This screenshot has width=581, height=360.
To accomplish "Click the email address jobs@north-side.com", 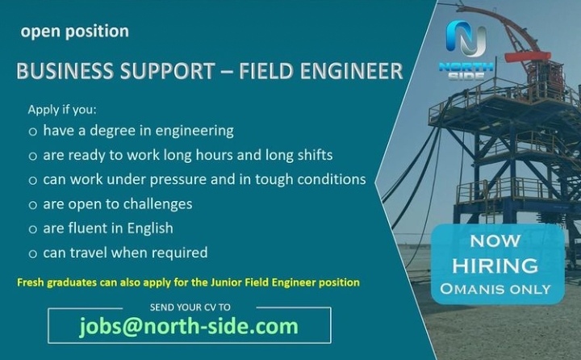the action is coord(189,326).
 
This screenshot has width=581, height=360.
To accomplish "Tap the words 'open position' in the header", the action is coord(75,32).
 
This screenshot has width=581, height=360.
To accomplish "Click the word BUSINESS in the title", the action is coord(65,71).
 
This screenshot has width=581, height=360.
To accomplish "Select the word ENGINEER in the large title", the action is coord(351,71).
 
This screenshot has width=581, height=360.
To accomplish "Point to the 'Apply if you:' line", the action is coord(62,110).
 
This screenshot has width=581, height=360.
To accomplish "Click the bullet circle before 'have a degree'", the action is coord(33,132).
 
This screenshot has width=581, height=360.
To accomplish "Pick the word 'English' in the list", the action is coord(150,228).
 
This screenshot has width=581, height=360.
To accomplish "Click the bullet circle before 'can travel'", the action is coord(33,254).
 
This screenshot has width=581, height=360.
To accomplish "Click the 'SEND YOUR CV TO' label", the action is coord(190,308).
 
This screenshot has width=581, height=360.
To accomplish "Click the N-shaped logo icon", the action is coord(466,39).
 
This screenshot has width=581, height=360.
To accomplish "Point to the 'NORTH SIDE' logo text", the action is coord(466,71).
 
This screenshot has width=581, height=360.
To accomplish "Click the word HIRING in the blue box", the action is coord(495,266).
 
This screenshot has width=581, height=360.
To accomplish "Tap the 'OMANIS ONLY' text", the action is coord(495,289).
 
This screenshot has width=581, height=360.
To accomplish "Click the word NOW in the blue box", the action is coord(495,241).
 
